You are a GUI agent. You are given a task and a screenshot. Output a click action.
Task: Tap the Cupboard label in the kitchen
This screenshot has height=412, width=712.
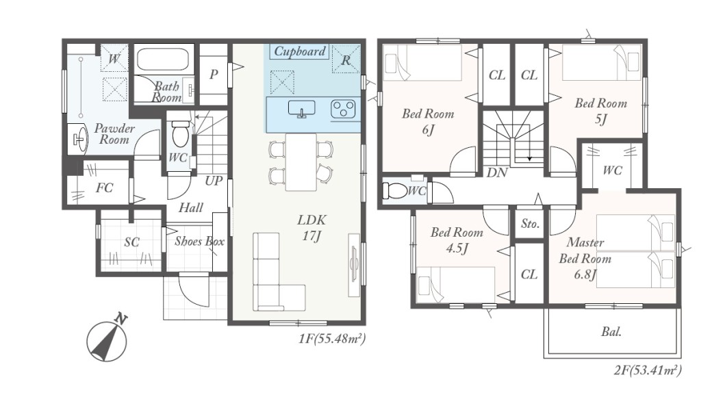tap(300, 51)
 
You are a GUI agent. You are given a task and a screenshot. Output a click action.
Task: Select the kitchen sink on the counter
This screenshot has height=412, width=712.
tap(301, 109)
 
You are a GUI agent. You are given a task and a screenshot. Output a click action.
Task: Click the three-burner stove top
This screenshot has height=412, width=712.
tap(343, 109)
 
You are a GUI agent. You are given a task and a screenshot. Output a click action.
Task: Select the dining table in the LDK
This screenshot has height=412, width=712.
tap(301, 162)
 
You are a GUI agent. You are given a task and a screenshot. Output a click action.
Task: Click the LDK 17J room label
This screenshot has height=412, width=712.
tap(311, 228)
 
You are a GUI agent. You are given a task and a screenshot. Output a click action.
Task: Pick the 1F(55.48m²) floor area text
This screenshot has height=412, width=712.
tap(331, 339)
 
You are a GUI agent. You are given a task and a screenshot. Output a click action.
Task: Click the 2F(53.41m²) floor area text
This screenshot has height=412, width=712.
tap(648, 370)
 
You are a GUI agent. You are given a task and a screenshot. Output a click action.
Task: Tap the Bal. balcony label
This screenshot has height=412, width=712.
tap(611, 332)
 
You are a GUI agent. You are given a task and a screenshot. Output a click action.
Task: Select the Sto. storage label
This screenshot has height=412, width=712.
tap(530, 224)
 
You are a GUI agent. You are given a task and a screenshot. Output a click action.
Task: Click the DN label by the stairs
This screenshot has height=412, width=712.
tap(497, 173)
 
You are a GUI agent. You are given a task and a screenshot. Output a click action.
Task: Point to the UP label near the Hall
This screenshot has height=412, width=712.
tap(214, 181)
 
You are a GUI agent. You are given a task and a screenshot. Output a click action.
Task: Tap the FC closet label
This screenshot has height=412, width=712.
tap(104, 188)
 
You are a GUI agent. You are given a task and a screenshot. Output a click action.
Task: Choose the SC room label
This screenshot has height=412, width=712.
tap(131, 242)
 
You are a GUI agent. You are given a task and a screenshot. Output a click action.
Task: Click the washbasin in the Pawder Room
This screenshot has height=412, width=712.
tap(80, 138)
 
